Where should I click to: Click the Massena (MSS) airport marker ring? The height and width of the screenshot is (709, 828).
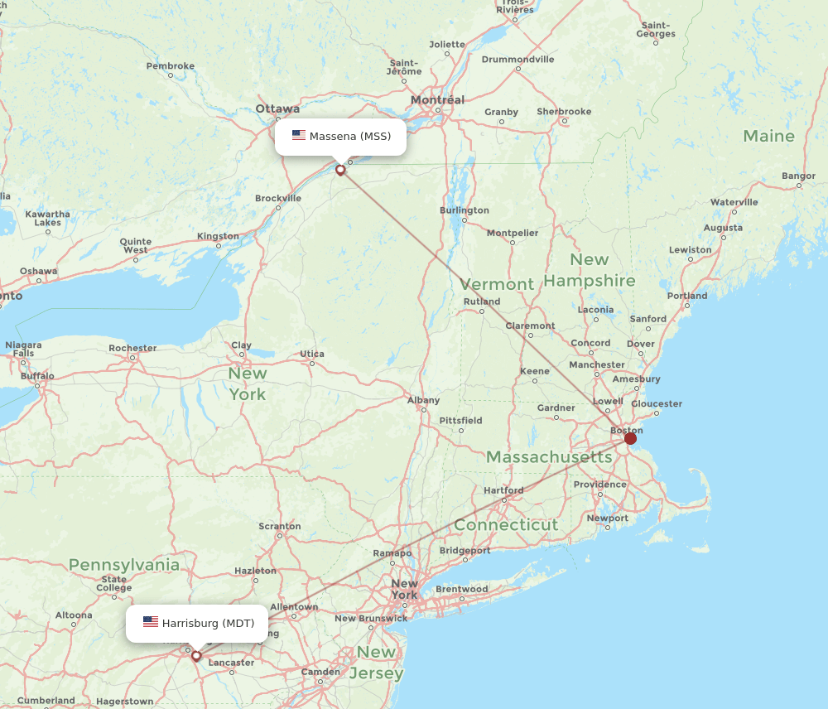click(x=340, y=170)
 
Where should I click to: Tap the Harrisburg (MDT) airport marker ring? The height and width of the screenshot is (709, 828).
click(x=196, y=656)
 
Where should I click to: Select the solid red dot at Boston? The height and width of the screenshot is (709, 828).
click(x=631, y=438)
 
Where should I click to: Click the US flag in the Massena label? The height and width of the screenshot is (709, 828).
click(x=299, y=136)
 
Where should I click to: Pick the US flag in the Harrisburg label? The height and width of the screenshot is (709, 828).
click(x=150, y=622)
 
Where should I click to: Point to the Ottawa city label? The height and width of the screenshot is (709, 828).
click(x=277, y=109)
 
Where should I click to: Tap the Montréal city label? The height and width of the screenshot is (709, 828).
click(x=437, y=100)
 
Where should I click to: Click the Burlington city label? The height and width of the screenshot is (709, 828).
click(x=465, y=210)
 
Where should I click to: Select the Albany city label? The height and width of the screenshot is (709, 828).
click(x=423, y=400)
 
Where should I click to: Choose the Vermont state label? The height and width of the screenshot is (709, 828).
click(x=498, y=284)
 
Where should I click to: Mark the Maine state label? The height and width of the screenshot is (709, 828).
click(x=768, y=136)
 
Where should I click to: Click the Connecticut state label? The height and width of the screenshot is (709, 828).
click(x=506, y=525)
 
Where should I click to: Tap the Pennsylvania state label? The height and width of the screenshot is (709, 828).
click(x=124, y=565)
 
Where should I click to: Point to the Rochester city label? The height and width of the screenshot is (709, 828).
click(x=132, y=348)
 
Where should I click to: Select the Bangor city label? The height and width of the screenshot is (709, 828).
click(x=798, y=176)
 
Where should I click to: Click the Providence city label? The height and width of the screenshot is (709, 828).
click(x=600, y=485)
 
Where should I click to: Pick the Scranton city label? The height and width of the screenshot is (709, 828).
click(x=280, y=526)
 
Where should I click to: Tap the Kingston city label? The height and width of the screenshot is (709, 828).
click(x=218, y=236)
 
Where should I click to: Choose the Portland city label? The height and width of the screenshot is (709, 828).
click(x=687, y=296)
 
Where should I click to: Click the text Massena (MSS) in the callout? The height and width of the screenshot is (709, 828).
click(x=350, y=136)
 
